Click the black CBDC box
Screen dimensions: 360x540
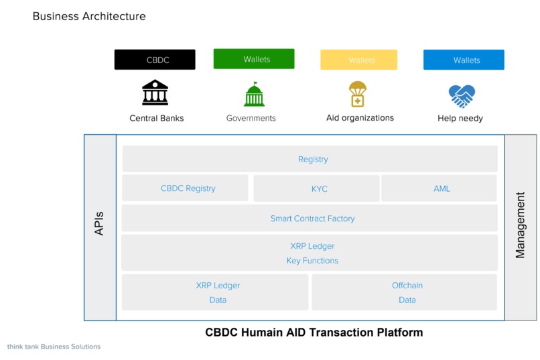click(155, 60)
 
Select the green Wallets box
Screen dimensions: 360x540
click(254, 59)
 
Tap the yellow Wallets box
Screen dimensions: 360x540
click(358, 60)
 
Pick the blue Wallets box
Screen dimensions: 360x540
click(464, 60)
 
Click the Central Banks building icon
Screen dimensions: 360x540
click(155, 93)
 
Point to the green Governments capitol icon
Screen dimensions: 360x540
click(254, 95)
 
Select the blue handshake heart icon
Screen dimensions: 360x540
click(462, 96)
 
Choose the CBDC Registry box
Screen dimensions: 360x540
click(185, 188)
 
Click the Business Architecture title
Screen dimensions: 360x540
click(89, 16)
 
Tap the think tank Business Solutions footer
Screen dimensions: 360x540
click(54, 347)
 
